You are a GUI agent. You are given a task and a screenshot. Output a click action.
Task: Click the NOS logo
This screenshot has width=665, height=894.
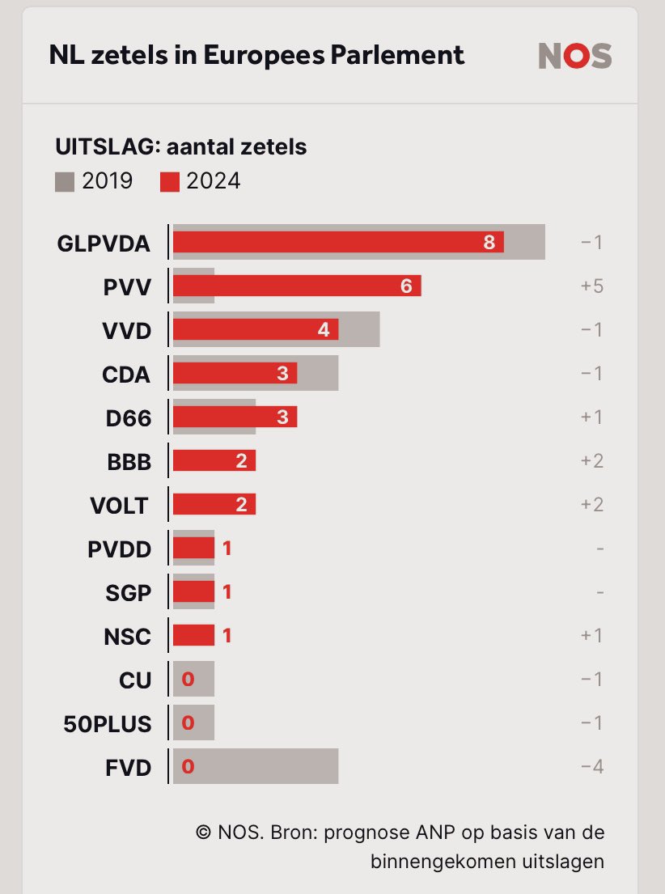click(x=575, y=56)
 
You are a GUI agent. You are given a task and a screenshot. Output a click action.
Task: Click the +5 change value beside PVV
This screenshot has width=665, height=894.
click(x=592, y=286)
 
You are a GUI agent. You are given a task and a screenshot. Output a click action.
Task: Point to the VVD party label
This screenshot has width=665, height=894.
click(x=127, y=330)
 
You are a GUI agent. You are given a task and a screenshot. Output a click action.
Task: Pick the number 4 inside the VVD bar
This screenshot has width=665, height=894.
click(x=323, y=329)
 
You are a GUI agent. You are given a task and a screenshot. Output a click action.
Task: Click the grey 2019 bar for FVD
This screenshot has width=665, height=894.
click(x=267, y=766)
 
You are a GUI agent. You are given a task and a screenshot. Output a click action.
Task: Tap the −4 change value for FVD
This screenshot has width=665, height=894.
click(x=591, y=767)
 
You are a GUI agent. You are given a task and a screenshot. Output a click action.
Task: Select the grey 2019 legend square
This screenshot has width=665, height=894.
click(x=65, y=181)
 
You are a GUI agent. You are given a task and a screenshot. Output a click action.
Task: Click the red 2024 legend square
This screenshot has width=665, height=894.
click(x=169, y=181)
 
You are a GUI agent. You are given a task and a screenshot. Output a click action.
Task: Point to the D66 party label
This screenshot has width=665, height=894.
click(x=128, y=417)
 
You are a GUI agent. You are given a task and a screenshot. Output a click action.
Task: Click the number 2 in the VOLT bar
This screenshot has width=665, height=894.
click(x=240, y=505)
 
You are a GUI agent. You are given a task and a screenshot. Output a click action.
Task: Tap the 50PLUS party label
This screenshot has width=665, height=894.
click(x=107, y=723)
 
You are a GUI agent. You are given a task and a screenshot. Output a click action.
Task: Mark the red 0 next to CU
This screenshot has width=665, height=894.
click(x=188, y=680)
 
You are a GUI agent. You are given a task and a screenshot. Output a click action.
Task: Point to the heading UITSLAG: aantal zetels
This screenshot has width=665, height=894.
click(x=180, y=147)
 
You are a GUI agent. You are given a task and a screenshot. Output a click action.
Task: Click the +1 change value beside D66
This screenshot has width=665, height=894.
click(x=592, y=417)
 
